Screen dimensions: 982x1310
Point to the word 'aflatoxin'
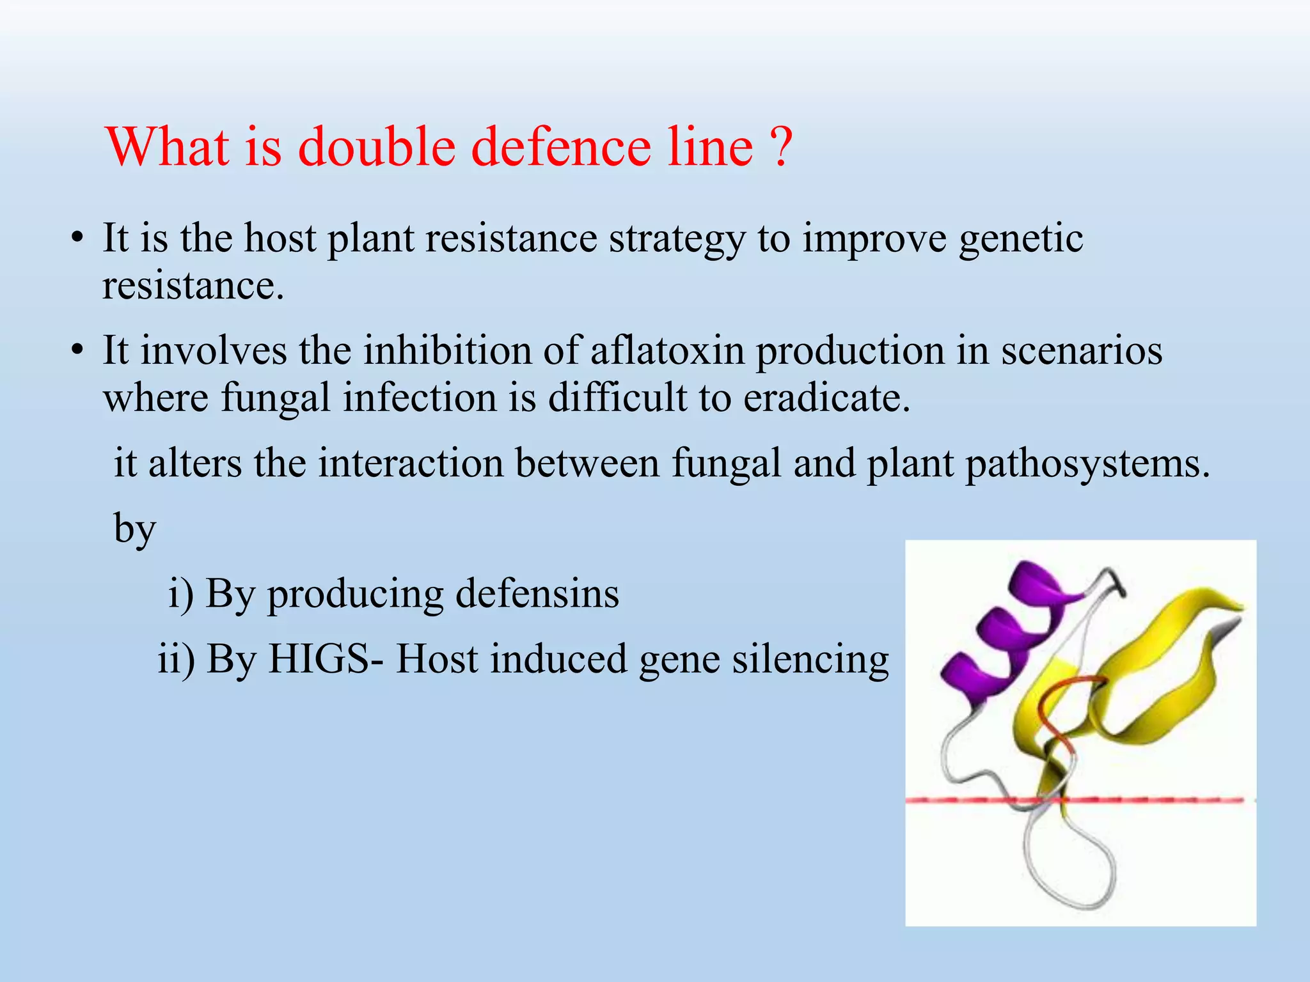pos(667,351)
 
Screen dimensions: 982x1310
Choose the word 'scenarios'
pos(1081,351)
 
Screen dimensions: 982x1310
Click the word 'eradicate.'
pos(826,398)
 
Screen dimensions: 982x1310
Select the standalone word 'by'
pos(134,528)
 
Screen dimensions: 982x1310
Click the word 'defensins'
pos(537,593)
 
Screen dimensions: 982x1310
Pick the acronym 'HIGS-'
pos(326,659)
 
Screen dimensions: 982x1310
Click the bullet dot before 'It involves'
pos(77,352)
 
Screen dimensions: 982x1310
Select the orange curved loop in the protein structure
pos(1055,710)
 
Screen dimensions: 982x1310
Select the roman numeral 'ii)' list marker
pos(177,659)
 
